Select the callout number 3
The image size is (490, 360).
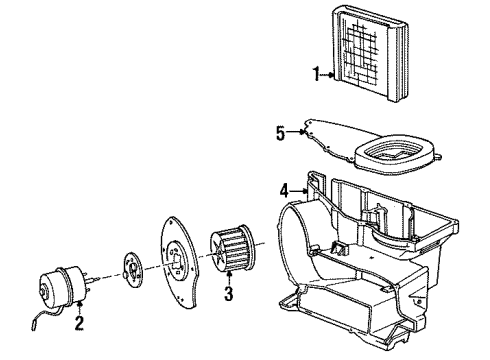tap(229, 294)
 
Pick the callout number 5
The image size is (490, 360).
tap(280, 130)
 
